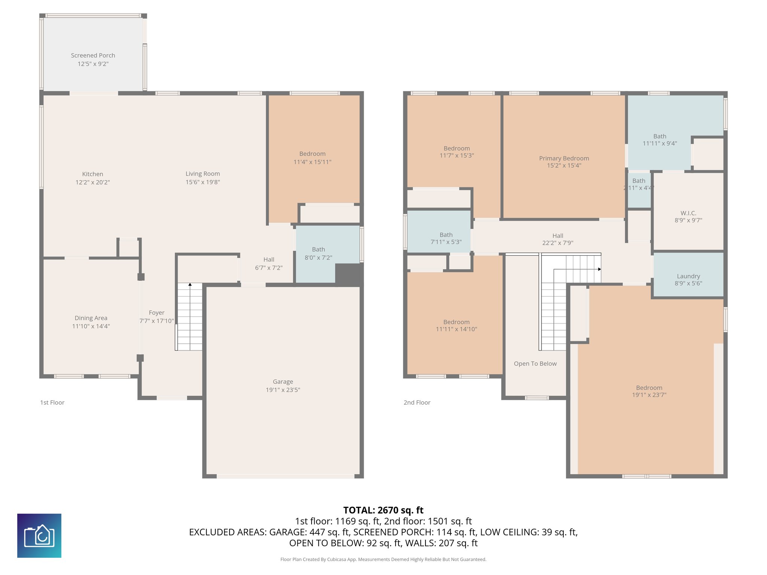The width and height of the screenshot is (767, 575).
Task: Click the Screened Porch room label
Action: point(93,55)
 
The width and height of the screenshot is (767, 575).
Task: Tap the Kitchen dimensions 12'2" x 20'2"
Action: point(93,182)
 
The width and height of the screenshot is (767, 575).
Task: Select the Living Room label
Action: point(203,174)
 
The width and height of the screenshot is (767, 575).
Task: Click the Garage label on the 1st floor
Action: point(283,382)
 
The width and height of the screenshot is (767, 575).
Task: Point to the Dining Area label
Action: point(91,318)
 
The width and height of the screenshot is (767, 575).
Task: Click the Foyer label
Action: point(157,313)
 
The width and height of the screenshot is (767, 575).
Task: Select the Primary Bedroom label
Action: point(564,158)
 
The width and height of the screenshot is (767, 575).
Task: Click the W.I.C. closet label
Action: point(688,213)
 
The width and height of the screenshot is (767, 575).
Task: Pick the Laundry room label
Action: point(688,276)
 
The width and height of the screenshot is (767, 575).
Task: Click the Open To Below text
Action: point(535,363)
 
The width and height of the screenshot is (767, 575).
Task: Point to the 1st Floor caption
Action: point(52,402)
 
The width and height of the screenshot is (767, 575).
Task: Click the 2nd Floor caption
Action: point(417,402)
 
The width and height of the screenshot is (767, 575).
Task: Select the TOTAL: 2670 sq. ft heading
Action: point(383,510)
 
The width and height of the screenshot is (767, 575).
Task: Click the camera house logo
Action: point(39,535)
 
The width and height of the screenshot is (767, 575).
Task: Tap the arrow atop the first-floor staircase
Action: point(190,285)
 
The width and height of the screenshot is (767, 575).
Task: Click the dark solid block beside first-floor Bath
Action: point(349,274)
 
